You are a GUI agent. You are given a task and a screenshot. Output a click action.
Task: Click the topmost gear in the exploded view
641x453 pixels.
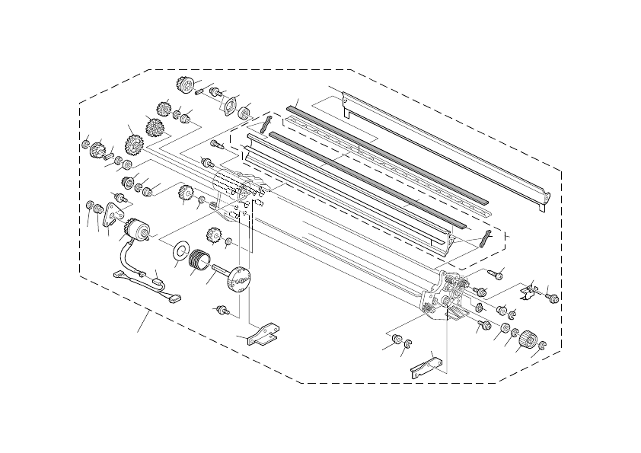point(183,84)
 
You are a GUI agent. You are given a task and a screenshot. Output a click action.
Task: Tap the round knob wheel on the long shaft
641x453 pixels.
point(241,279)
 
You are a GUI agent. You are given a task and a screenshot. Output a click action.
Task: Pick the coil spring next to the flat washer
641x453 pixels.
point(200,260)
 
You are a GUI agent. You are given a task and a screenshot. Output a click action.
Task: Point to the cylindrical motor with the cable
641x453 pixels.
point(137,228)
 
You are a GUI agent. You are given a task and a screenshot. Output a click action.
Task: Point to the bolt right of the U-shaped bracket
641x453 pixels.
point(553,298)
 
